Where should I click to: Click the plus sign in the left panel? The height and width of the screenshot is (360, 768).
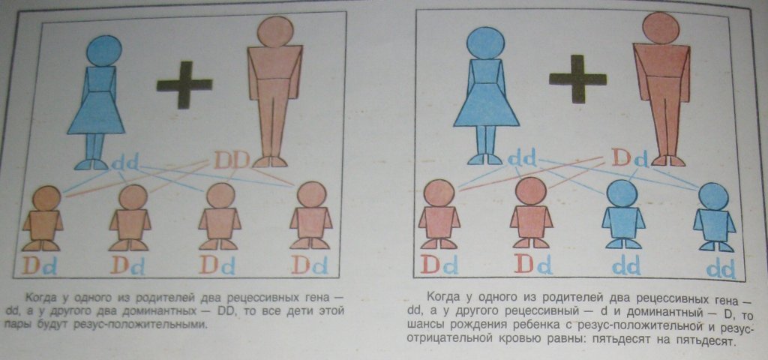click(x=184, y=85)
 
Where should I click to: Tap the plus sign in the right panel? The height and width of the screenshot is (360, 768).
click(x=577, y=78)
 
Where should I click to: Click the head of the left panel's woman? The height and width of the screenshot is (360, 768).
click(x=104, y=50)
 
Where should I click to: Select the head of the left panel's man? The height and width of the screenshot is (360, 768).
click(x=274, y=31)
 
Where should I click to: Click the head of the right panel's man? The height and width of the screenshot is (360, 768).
click(x=661, y=28)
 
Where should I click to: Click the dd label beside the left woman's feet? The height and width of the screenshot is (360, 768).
click(x=125, y=162)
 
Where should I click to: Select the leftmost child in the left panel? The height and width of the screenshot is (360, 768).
click(x=43, y=218)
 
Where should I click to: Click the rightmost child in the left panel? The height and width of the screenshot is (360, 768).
click(x=311, y=215)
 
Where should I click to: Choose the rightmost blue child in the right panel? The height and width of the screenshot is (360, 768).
click(x=714, y=217)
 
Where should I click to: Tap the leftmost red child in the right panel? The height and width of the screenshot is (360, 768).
click(x=439, y=214)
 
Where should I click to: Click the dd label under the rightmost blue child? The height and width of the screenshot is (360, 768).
click(x=721, y=269)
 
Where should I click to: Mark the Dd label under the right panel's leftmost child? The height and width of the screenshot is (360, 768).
click(x=439, y=265)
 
